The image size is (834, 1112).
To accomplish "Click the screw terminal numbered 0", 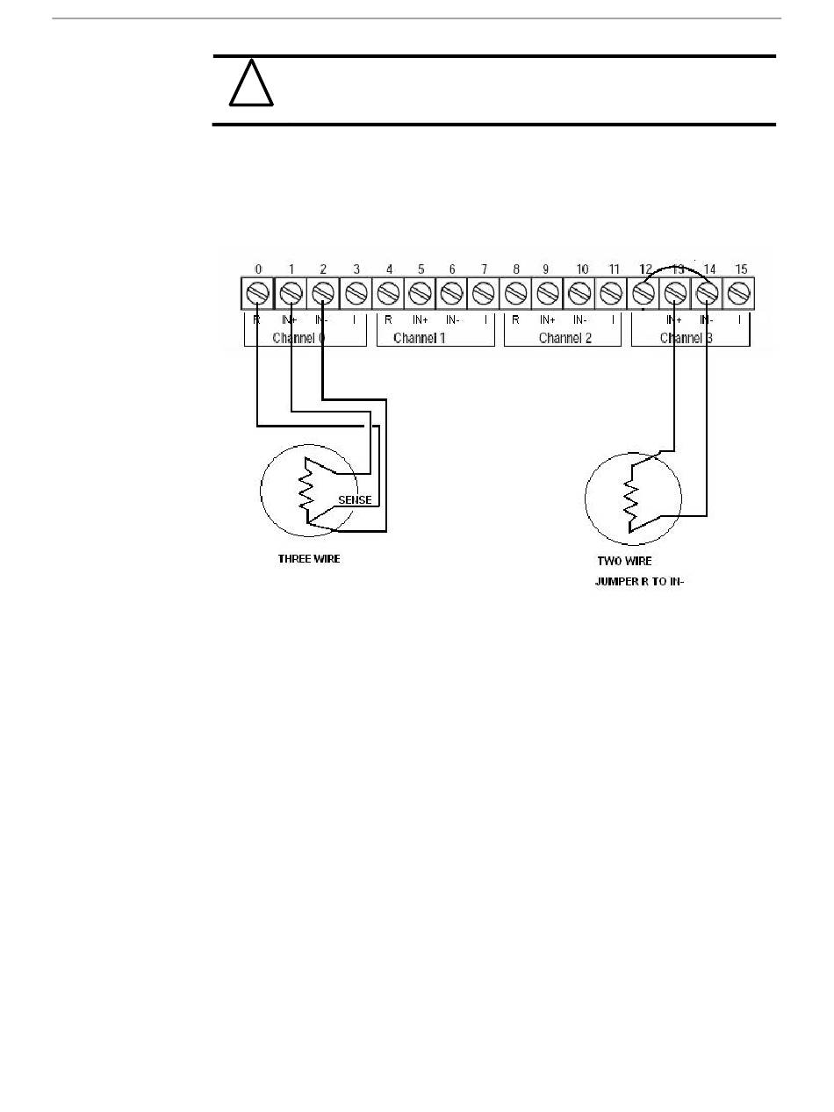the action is pos(257,291).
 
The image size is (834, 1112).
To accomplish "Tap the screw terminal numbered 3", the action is pos(356,291).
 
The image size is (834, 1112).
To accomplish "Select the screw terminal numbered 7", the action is pos(483,291).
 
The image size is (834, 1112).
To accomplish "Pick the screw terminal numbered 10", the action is pos(579,291).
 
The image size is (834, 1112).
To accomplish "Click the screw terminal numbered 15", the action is pos(740,291).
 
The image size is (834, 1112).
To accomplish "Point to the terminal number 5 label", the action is pos(421,269).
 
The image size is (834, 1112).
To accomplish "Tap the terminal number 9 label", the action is pos(547,269).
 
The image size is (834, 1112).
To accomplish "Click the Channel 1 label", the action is pos(420,337).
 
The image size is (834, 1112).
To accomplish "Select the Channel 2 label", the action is pos(564,337).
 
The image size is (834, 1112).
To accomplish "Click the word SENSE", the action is pos(355,500).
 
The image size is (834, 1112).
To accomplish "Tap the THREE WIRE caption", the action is pos(308,559).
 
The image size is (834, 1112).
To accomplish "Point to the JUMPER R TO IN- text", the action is pos(639,581).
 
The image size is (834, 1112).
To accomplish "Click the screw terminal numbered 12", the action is pos(644,291).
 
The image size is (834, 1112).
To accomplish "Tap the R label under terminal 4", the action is pos(388,320).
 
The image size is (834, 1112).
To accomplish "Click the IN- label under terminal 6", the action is pos(452,320).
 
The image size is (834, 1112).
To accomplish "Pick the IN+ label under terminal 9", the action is pos(548,320).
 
